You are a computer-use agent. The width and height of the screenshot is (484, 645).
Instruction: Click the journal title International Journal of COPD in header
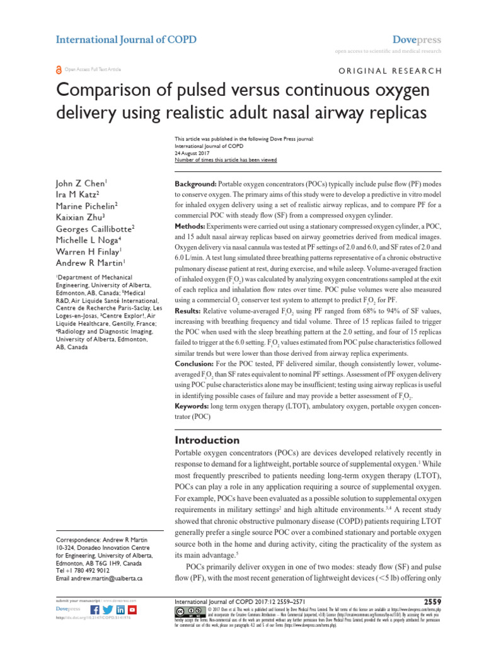(x=126, y=40)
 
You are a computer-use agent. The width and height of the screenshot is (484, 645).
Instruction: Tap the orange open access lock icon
(x=59, y=70)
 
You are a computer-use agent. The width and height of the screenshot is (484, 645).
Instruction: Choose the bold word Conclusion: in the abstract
(x=196, y=365)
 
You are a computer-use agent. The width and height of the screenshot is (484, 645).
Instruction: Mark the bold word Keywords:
(x=195, y=408)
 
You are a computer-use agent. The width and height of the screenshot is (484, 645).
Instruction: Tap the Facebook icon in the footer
(x=95, y=610)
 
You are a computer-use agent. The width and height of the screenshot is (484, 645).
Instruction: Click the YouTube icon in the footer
(x=132, y=610)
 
